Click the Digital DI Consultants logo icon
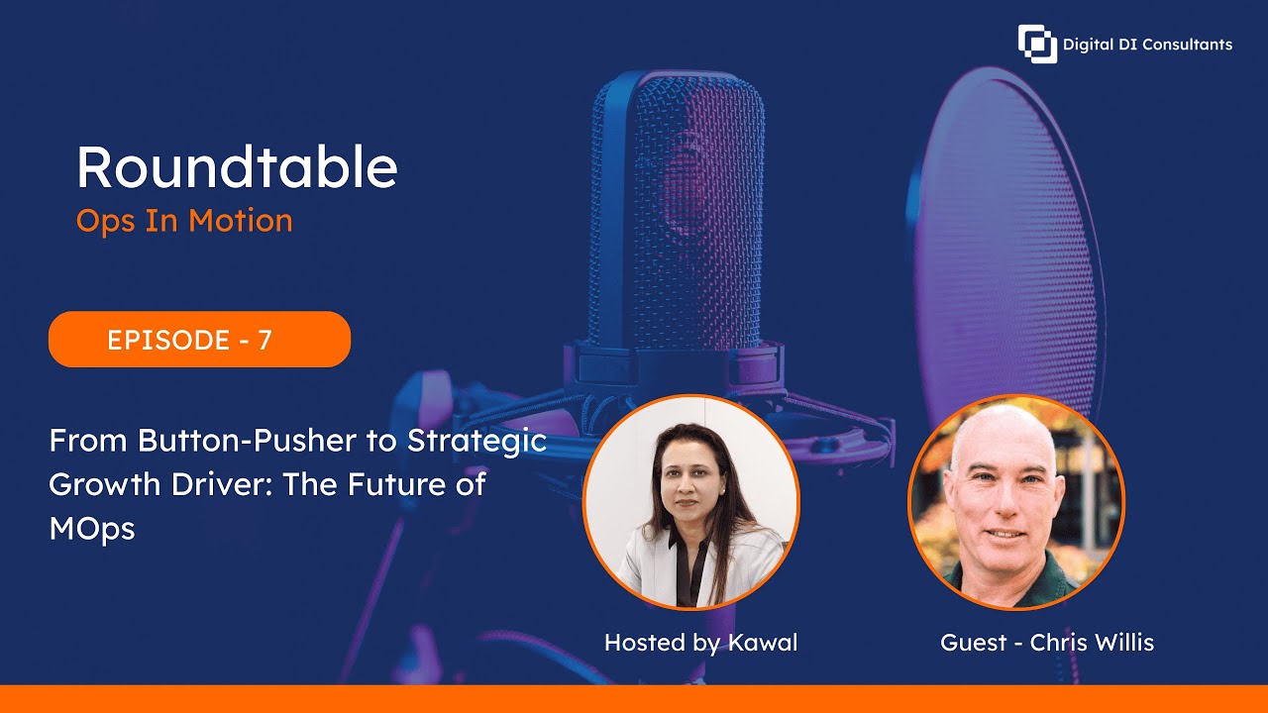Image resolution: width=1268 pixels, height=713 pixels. (x=1037, y=44)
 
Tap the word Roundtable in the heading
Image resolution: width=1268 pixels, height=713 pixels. (x=237, y=167)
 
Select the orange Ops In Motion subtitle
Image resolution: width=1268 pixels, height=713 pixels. (x=184, y=220)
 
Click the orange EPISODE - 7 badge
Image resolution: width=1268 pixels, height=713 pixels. (x=199, y=340)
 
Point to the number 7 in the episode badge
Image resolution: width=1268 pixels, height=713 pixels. (x=264, y=340)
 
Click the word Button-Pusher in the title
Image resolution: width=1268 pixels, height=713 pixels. (x=245, y=441)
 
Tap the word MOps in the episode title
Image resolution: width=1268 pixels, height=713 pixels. (x=91, y=529)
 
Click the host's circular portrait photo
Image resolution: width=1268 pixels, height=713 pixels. (x=690, y=502)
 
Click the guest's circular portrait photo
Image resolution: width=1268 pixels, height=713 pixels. (x=1016, y=502)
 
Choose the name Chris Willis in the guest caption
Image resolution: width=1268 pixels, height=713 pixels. (x=1092, y=643)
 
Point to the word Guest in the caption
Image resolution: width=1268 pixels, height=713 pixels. (x=974, y=643)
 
